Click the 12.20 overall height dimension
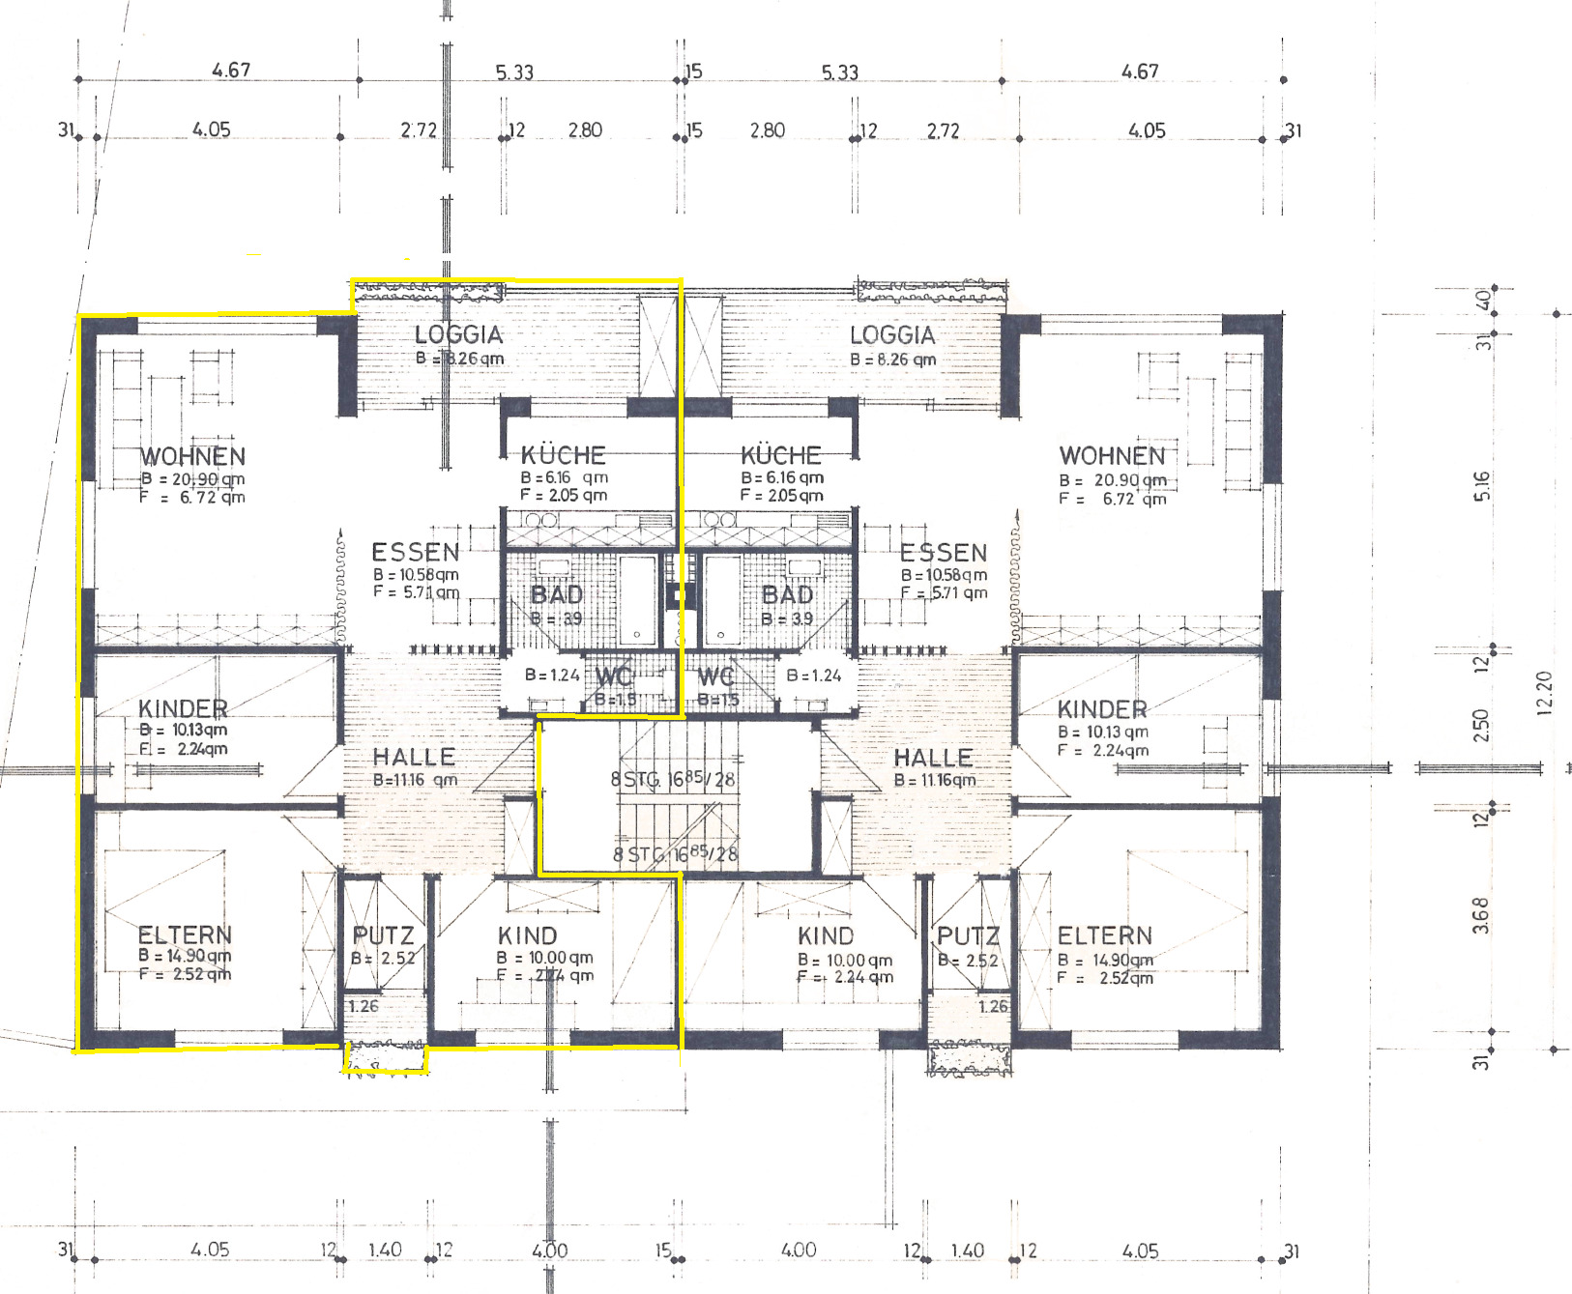pos(1544,692)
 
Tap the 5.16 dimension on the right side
pos(1482,485)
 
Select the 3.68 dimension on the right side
pos(1481,915)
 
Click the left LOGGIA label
pos(459,334)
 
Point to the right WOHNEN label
pos(1112,455)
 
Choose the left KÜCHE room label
pos(563,454)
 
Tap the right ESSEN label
pos(943,553)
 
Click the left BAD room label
pos(557,594)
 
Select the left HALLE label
pos(414,757)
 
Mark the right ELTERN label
pos(1104,935)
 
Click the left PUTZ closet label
pos(383,935)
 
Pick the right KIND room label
pos(826,935)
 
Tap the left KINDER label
pos(183,708)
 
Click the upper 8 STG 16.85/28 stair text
pos(673,778)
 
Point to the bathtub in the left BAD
pos(636,599)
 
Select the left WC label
pos(613,676)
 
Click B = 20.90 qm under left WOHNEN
pos(192,478)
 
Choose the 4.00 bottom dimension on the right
pos(798,1250)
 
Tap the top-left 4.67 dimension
pos(231,70)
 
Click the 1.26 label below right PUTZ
pos(993,1006)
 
